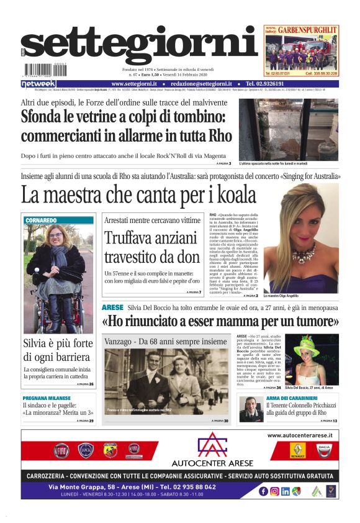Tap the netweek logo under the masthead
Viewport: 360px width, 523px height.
pyautogui.click(x=38, y=84)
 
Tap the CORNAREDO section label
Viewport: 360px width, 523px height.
pyautogui.click(x=42, y=220)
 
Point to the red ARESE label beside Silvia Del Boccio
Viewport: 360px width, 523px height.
pyautogui.click(x=112, y=307)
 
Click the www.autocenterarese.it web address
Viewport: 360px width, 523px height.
pyautogui.click(x=299, y=435)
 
